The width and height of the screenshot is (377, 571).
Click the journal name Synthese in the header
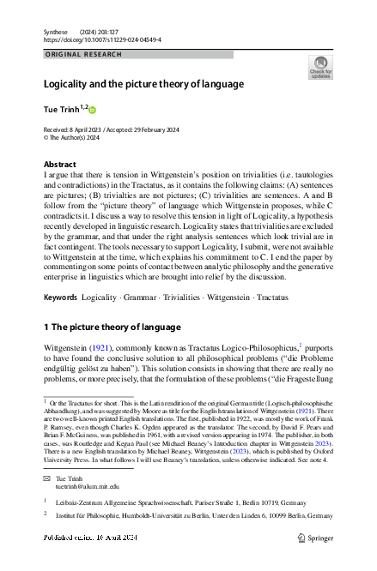click(56, 31)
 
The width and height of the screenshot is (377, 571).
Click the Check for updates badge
click(320, 68)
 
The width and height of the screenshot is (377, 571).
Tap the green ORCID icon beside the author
click(94, 110)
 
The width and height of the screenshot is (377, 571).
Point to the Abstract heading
click(59, 164)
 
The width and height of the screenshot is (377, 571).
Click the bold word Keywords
click(60, 273)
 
